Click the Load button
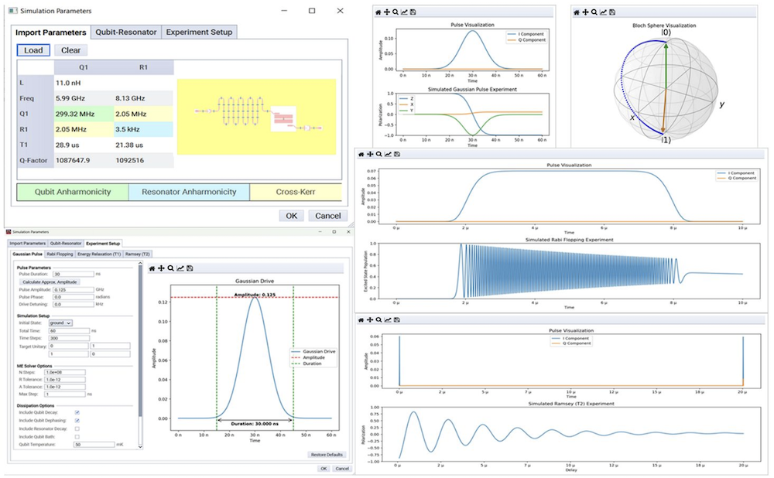point(33,50)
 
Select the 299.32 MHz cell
point(74,115)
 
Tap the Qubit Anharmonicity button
point(73,192)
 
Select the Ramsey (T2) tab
point(136,254)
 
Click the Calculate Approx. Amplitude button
point(50,282)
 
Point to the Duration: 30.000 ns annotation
point(255,423)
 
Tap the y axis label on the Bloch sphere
point(721,104)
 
